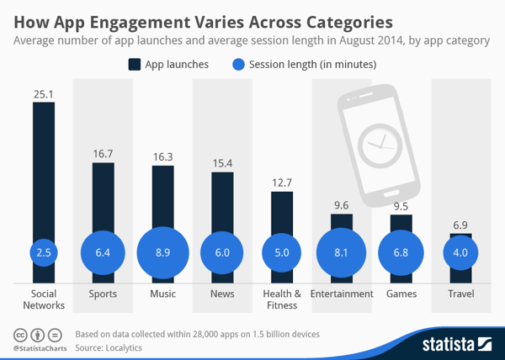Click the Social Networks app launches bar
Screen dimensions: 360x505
(x=43, y=168)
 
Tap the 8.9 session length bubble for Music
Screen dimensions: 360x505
(x=162, y=252)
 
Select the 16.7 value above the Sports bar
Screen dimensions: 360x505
(x=103, y=153)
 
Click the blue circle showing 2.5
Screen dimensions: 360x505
(x=43, y=252)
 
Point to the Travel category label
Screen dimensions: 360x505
(x=460, y=294)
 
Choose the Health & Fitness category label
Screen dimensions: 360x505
(x=282, y=299)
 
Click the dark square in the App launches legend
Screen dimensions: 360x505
(x=135, y=64)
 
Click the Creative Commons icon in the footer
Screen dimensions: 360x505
(x=20, y=334)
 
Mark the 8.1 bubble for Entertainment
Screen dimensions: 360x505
(x=342, y=252)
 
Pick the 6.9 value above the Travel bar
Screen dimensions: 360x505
(x=460, y=225)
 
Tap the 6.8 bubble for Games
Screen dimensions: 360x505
(x=401, y=252)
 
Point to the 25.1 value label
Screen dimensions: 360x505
(x=43, y=93)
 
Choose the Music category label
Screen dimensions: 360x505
(x=162, y=294)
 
